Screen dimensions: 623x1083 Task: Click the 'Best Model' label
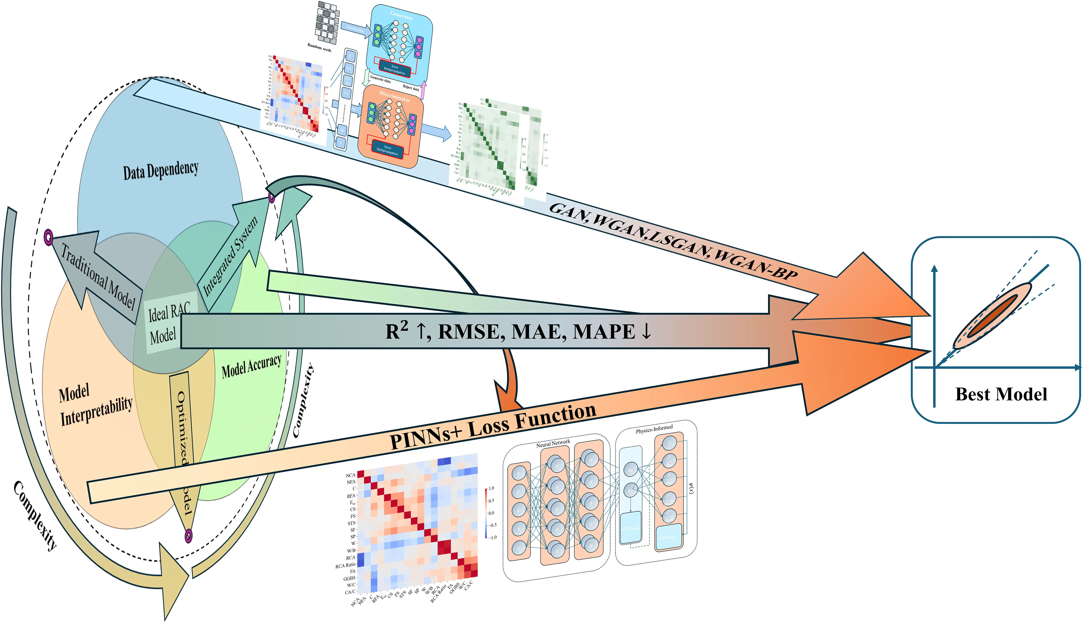coord(1001,394)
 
